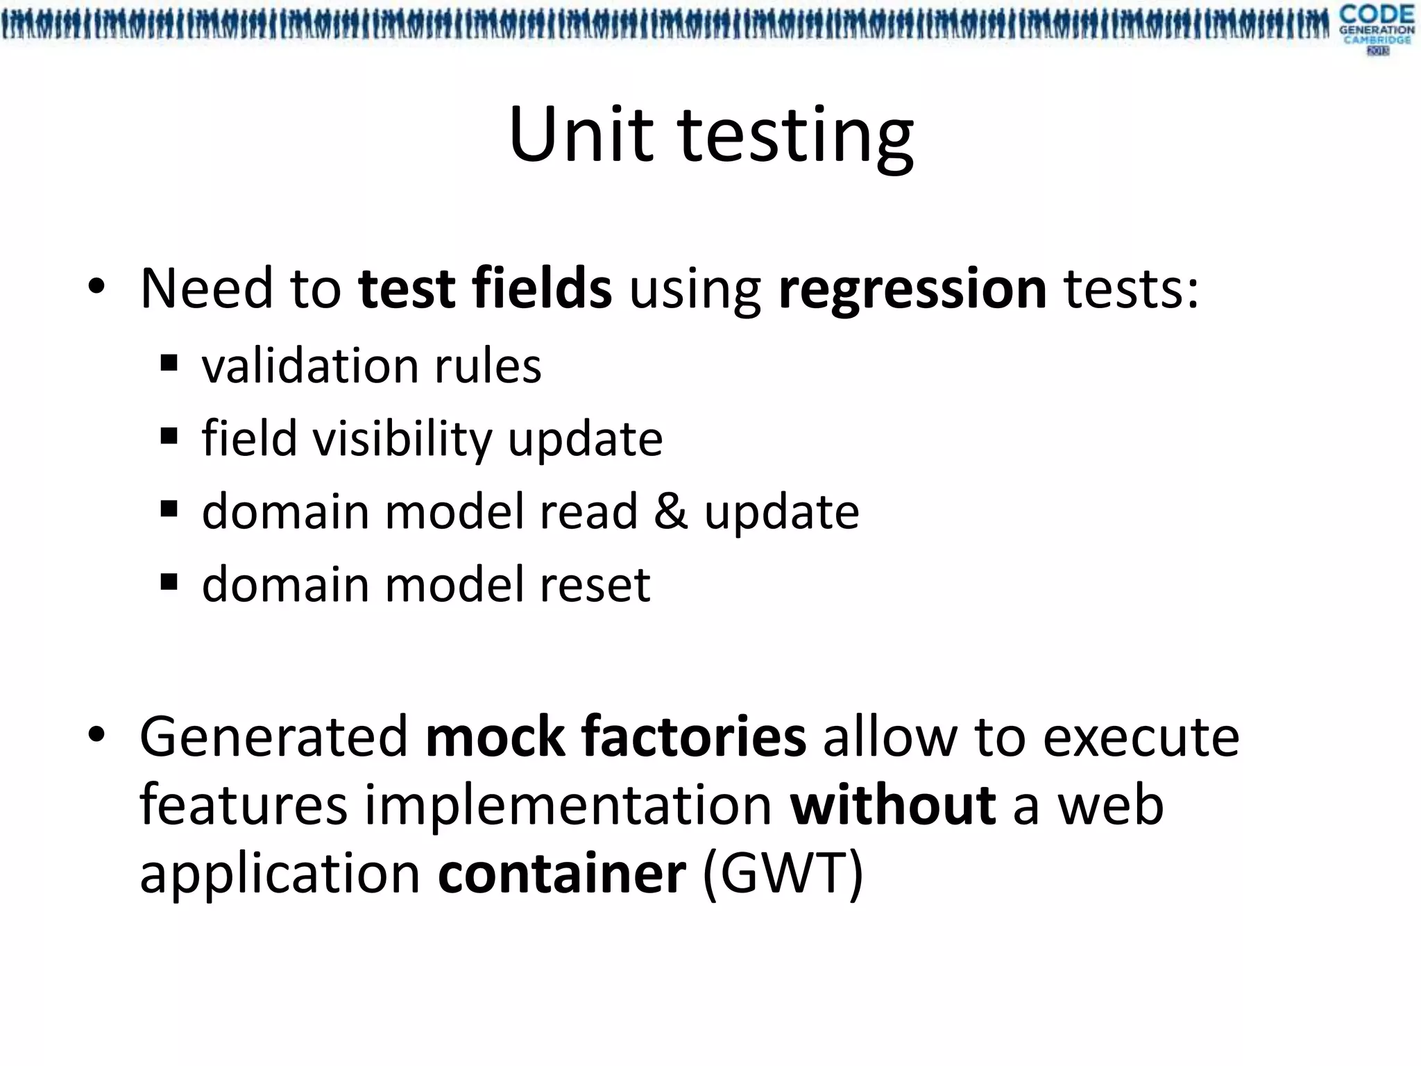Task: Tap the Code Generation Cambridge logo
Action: tap(1377, 29)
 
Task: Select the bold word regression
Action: tap(912, 289)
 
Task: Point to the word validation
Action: tap(309, 366)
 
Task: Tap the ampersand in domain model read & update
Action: tap(670, 511)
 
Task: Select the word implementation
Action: tap(568, 806)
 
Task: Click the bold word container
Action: tap(561, 873)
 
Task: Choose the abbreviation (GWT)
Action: tap(783, 873)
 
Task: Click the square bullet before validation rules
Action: tap(169, 363)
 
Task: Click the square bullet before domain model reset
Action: tap(169, 582)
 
